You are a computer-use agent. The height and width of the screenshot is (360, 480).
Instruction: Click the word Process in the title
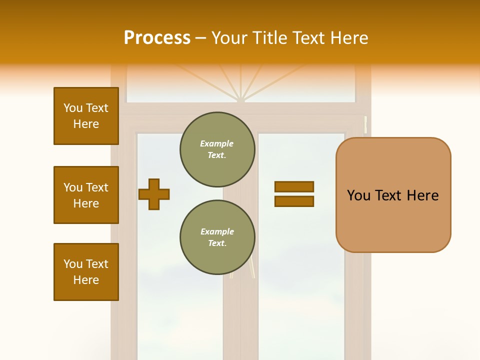pyautogui.click(x=157, y=38)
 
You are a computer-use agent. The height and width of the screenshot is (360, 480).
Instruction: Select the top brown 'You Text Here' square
pyautogui.click(x=86, y=116)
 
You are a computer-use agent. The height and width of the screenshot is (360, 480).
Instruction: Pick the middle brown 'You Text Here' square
pyautogui.click(x=86, y=195)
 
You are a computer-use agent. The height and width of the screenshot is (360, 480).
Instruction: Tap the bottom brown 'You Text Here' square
pyautogui.click(x=86, y=272)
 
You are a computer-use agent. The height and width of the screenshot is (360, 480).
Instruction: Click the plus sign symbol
pyautogui.click(x=154, y=194)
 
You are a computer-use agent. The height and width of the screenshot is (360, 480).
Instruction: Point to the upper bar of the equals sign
pyautogui.click(x=294, y=186)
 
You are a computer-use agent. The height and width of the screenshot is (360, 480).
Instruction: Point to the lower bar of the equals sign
pyautogui.click(x=294, y=201)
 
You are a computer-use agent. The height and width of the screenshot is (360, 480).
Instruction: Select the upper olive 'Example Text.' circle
pyautogui.click(x=217, y=149)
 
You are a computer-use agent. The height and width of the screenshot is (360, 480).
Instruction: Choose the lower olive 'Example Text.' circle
pyautogui.click(x=217, y=237)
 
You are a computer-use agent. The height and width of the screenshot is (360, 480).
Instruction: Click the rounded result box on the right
pyautogui.click(x=393, y=195)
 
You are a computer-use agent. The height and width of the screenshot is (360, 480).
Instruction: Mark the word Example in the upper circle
pyautogui.click(x=217, y=143)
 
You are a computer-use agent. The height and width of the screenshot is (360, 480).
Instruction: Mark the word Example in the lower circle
pyautogui.click(x=217, y=231)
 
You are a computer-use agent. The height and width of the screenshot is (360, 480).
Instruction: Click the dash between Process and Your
pyautogui.click(x=201, y=38)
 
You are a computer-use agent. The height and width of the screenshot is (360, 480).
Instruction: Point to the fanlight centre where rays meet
pyautogui.click(x=241, y=99)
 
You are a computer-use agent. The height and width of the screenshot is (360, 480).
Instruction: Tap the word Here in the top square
pyautogui.click(x=86, y=124)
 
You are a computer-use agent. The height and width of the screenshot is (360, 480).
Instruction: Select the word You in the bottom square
pyautogui.click(x=72, y=264)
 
